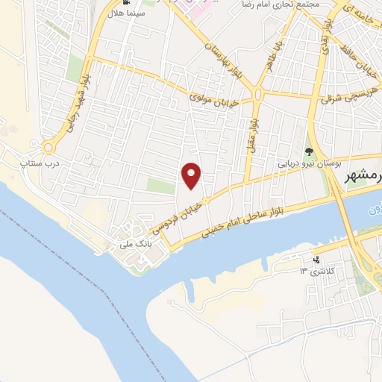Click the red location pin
[x=192, y=175]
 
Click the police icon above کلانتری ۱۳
[x=318, y=260]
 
